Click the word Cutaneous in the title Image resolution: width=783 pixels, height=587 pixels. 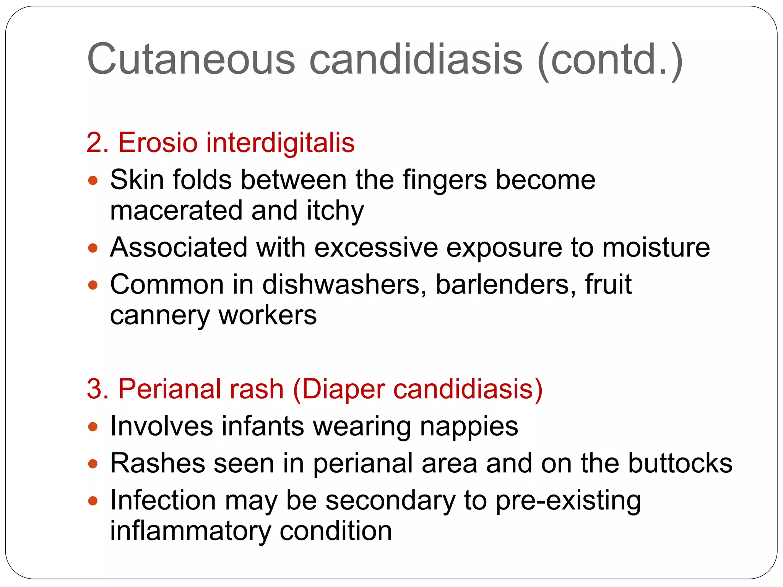(191, 59)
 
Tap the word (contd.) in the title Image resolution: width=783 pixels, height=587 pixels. (610, 60)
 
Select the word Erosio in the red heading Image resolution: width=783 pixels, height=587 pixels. (158, 143)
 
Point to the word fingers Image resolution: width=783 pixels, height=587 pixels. (445, 180)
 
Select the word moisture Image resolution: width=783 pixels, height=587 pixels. (656, 247)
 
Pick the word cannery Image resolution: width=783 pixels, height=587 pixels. (160, 316)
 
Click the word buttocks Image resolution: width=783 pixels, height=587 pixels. (680, 463)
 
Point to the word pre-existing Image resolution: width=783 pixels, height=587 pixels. (568, 501)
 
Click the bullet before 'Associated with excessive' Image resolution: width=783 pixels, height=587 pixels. (93, 248)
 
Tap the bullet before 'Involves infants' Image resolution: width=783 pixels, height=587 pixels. (93, 426)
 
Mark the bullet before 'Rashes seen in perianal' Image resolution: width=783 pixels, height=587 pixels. (93, 464)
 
